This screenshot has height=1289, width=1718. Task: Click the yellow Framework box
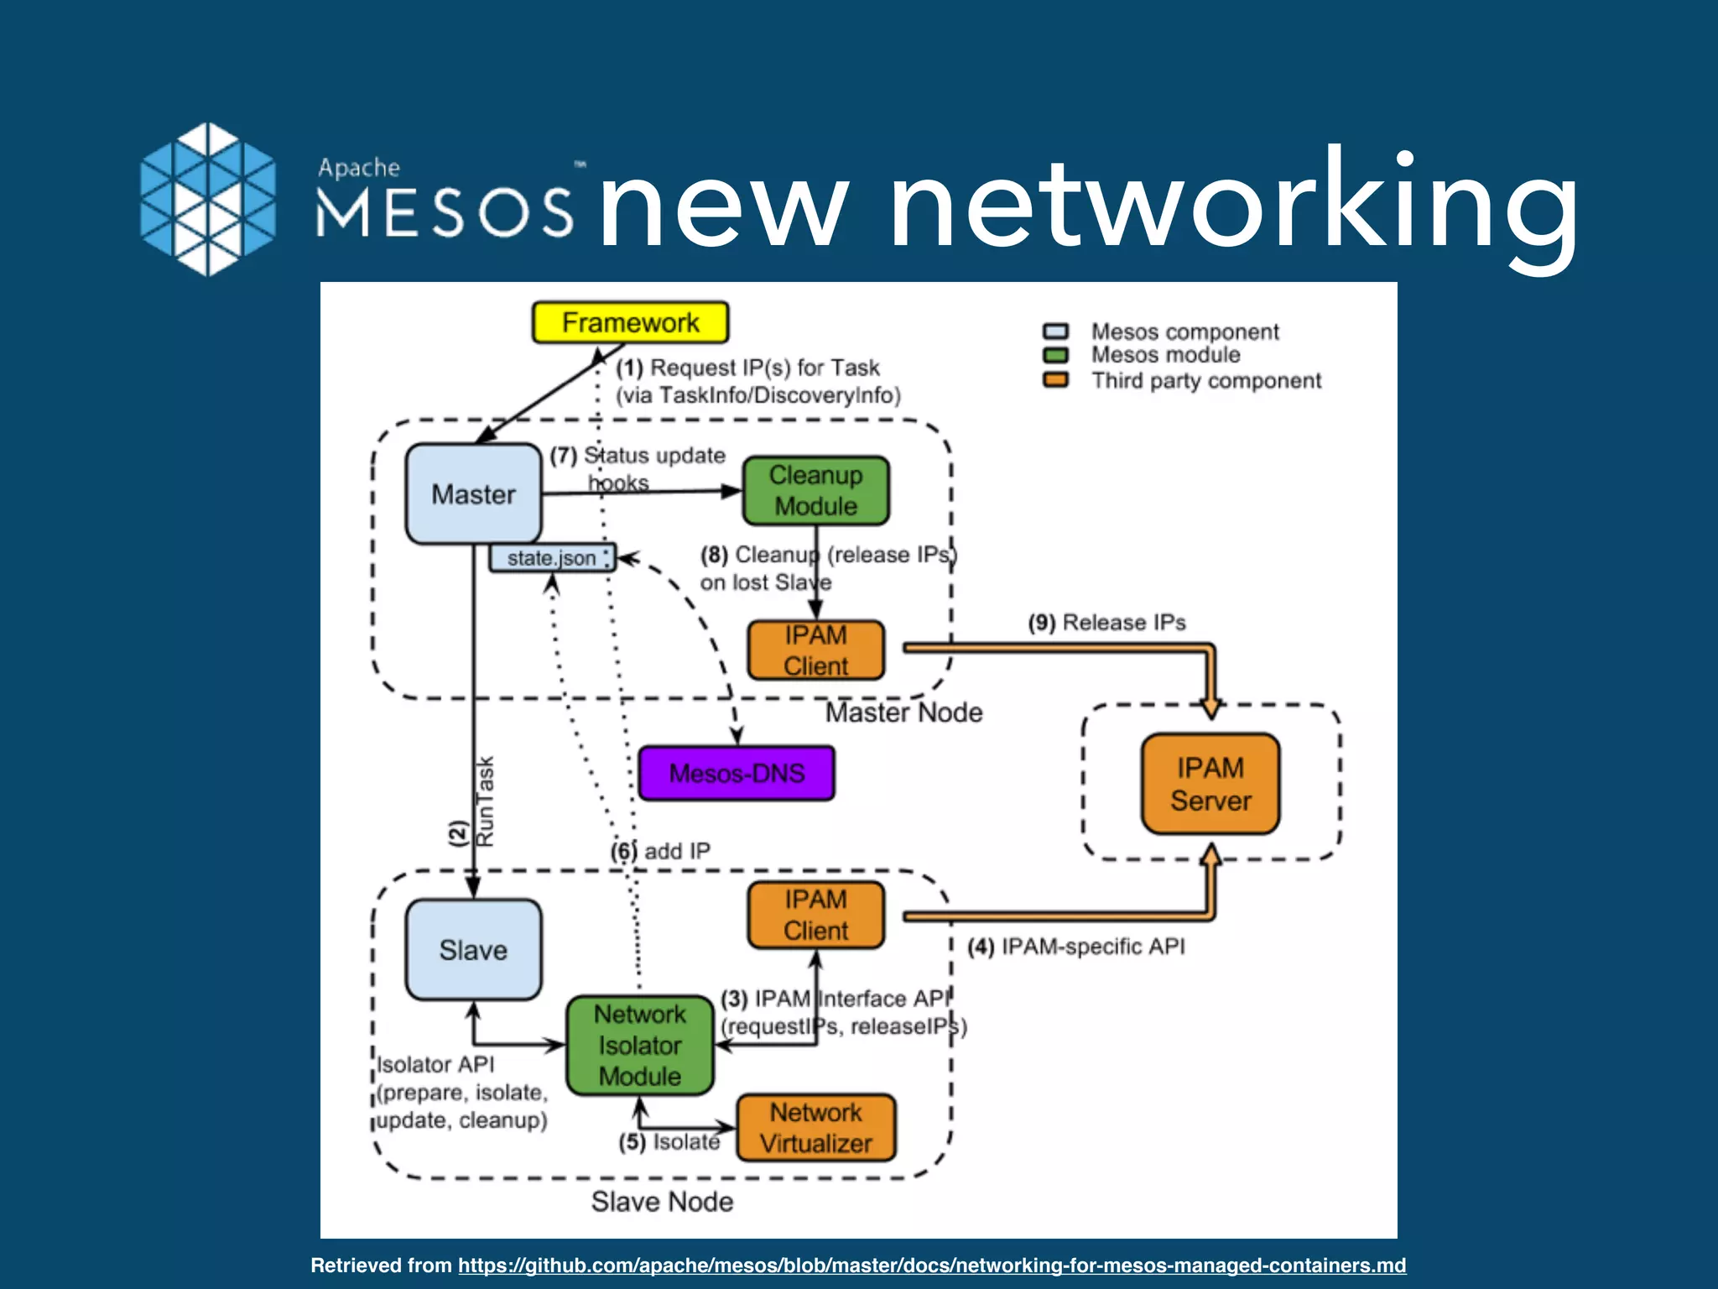coord(630,322)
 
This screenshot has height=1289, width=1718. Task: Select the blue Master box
coord(473,493)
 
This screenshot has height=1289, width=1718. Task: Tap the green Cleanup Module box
coord(815,491)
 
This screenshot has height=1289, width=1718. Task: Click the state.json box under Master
coord(551,558)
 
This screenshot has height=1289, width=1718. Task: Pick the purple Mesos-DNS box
coord(737,773)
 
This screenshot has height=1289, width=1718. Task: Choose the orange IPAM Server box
coord(1210,784)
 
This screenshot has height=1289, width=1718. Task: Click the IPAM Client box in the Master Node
coord(815,650)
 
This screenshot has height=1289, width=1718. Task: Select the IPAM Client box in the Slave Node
coord(815,915)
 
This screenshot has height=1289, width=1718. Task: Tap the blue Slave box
coord(473,950)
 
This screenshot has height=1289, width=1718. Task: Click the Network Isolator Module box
coord(639,1045)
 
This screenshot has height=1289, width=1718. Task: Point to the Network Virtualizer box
coord(815,1128)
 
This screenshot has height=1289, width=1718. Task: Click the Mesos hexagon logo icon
coord(207,199)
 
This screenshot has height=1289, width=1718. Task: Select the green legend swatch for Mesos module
coord(1055,355)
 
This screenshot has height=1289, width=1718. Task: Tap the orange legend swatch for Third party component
coord(1055,380)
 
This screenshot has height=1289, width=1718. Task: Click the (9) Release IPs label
coord(1106,623)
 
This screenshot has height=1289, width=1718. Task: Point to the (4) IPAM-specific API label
coord(1076,947)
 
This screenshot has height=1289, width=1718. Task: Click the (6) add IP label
coord(661,851)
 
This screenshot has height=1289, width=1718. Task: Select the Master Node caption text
coord(903,712)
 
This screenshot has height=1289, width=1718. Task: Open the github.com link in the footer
coord(931,1265)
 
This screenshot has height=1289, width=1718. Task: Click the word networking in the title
coord(1233,206)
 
